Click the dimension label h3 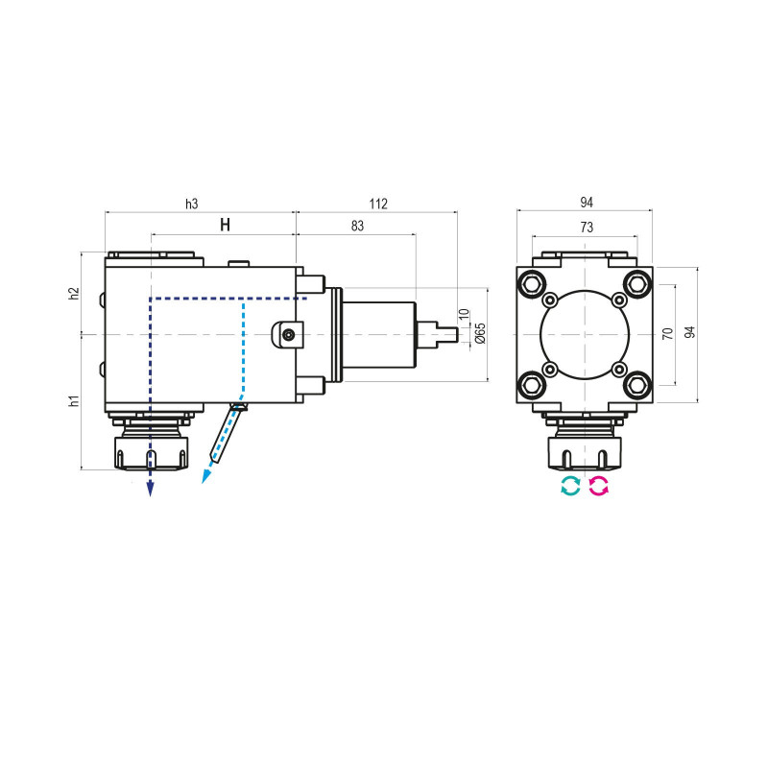[x=191, y=203]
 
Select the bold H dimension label [x=225, y=226]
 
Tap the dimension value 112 [x=376, y=203]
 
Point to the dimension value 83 [x=356, y=226]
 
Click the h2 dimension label [x=74, y=294]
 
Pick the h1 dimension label [x=74, y=400]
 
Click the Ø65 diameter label [x=480, y=333]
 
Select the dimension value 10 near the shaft [x=464, y=314]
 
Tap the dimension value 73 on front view [x=586, y=227]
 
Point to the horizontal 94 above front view [x=586, y=203]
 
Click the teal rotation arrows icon [x=570, y=486]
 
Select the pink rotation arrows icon [x=599, y=486]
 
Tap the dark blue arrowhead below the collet [x=150, y=489]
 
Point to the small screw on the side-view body [x=288, y=334]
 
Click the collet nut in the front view [x=585, y=451]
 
